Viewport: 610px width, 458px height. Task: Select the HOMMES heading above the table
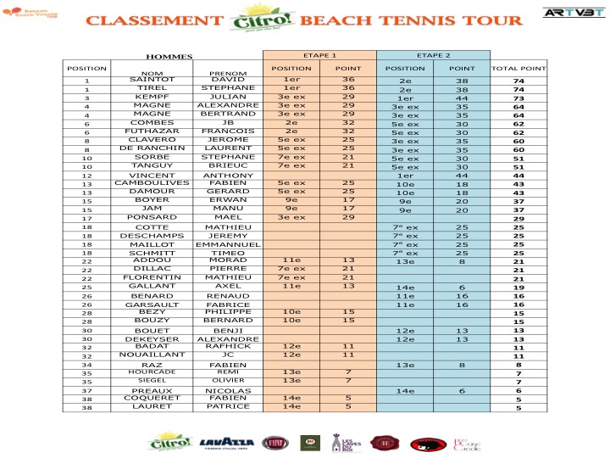(x=169, y=57)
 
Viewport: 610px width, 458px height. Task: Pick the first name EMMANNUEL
(x=228, y=244)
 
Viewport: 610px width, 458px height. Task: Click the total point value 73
(x=519, y=98)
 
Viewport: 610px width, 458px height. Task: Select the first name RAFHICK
(x=228, y=346)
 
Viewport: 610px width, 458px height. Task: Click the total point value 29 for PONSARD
(x=519, y=219)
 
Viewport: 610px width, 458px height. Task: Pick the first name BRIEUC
(x=228, y=165)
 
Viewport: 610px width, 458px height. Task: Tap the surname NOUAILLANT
(x=152, y=355)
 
